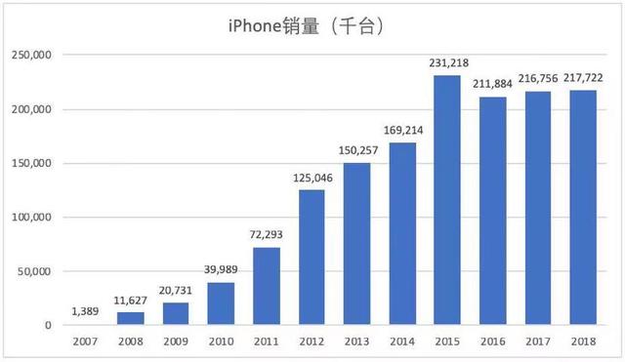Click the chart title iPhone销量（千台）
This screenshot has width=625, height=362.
pyautogui.click(x=312, y=26)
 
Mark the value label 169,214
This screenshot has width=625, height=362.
pyautogui.click(x=402, y=131)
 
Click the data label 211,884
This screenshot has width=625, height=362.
pyautogui.click(x=493, y=84)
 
